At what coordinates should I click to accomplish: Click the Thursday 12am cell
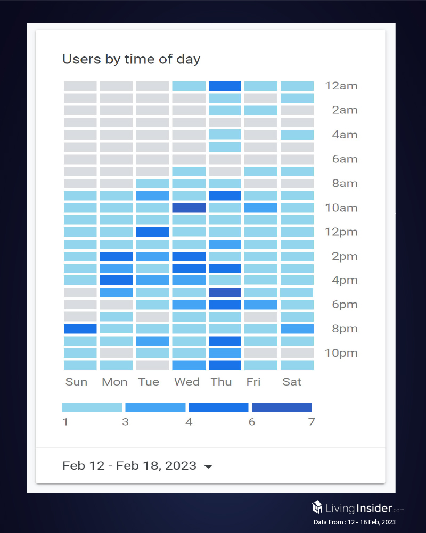(x=225, y=86)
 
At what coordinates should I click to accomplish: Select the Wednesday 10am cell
(x=189, y=208)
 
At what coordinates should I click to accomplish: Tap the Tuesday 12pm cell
(x=152, y=232)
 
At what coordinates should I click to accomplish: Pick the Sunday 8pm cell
(x=80, y=329)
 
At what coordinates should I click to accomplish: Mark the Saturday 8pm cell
(x=297, y=329)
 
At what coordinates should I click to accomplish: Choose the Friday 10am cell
(x=261, y=208)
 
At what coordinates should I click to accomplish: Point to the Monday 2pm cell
(x=116, y=257)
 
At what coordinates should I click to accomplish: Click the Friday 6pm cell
(x=261, y=305)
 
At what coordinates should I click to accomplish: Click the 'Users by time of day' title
(x=131, y=59)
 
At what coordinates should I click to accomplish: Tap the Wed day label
(x=186, y=382)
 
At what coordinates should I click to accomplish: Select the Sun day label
(x=76, y=382)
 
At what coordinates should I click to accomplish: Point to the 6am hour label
(x=345, y=159)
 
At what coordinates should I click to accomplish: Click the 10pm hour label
(x=341, y=353)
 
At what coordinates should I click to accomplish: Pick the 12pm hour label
(x=341, y=232)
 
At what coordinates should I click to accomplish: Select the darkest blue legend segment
(x=282, y=408)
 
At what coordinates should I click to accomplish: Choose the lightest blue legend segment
(x=92, y=408)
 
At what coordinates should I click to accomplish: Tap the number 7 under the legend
(x=311, y=423)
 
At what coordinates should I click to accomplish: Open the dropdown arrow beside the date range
(x=208, y=466)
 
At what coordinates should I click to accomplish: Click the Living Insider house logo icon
(x=317, y=506)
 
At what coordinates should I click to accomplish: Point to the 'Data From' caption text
(x=354, y=522)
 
